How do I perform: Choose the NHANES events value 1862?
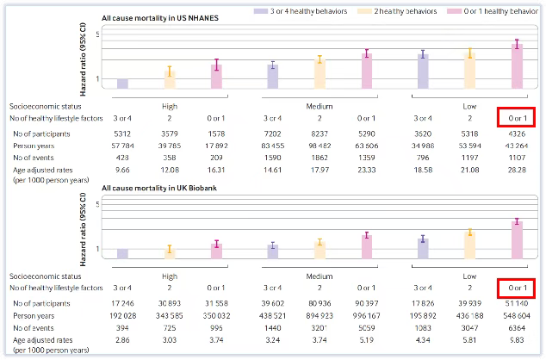(320, 159)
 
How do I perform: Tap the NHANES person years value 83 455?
(272, 146)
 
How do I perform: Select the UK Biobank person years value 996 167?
(367, 316)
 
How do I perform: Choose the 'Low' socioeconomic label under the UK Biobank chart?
(468, 275)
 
